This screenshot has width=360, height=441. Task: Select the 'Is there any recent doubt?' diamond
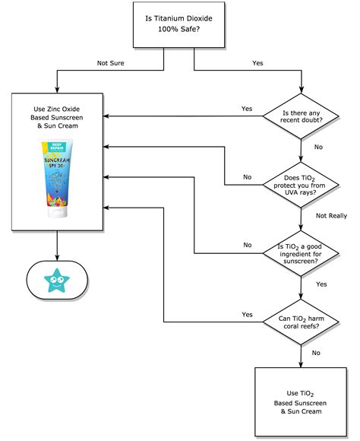pyautogui.click(x=302, y=116)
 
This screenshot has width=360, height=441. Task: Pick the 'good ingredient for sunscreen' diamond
pyautogui.click(x=302, y=254)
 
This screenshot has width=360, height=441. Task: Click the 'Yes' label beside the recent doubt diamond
pyautogui.click(x=246, y=108)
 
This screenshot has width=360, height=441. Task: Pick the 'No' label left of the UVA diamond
pyautogui.click(x=247, y=176)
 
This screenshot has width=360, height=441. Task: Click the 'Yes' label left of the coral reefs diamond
pyautogui.click(x=246, y=313)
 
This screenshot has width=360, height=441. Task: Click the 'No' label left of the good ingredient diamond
pyautogui.click(x=247, y=245)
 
